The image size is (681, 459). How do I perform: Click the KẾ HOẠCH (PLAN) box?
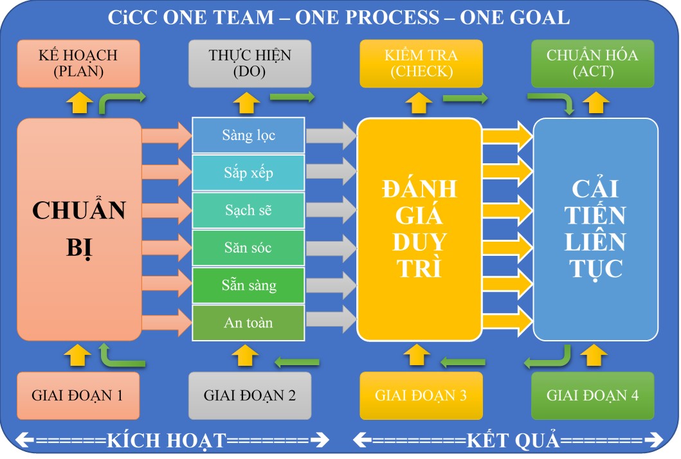(78, 63)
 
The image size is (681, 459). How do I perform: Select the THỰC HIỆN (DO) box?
(250, 63)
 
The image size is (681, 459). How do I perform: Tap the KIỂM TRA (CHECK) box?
(421, 63)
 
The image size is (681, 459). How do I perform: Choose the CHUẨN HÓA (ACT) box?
(592, 63)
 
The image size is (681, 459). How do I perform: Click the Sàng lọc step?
(249, 135)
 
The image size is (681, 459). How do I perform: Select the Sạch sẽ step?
(249, 210)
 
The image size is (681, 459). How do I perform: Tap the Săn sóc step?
(249, 248)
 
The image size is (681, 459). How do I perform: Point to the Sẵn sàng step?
(249, 285)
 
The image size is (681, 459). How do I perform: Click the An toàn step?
(249, 323)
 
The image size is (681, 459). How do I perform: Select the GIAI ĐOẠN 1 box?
(78, 395)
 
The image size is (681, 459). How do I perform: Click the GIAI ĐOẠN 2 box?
(250, 395)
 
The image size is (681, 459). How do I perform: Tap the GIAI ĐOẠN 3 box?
(421, 395)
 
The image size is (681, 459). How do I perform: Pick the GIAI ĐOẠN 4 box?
(592, 395)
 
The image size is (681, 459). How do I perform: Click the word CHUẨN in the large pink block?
(78, 210)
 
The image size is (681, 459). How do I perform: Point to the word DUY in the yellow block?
(419, 242)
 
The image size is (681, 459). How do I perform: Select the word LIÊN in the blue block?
(595, 242)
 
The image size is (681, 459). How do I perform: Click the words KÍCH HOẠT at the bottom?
(167, 441)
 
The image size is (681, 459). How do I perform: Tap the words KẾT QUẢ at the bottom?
(512, 441)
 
